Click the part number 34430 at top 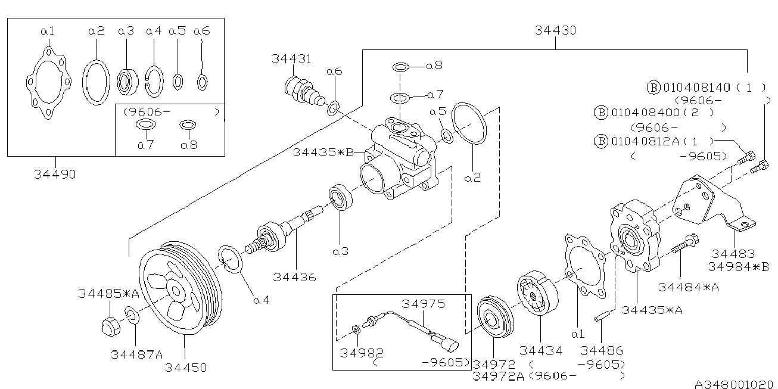click(x=555, y=30)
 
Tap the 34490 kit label click(x=55, y=175)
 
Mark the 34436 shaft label click(x=295, y=276)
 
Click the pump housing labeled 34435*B click(x=399, y=161)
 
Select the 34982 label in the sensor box click(x=362, y=351)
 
